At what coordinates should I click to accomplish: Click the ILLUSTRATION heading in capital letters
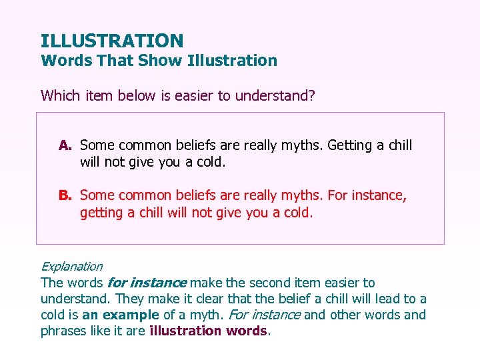tap(111, 41)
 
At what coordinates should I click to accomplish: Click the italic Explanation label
tap(71, 267)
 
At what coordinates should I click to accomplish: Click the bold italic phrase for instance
tap(147, 283)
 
